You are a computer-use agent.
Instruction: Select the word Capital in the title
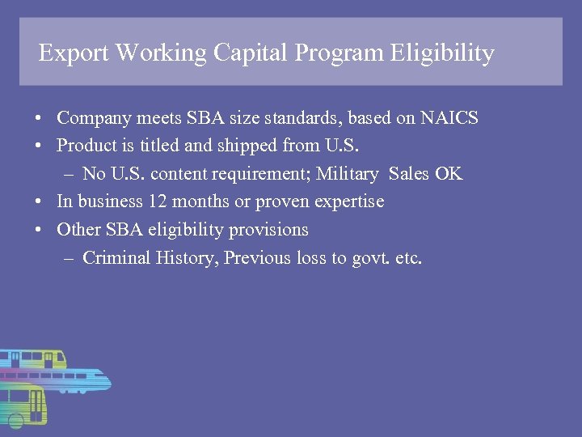(x=251, y=53)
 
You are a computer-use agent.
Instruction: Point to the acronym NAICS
(x=449, y=118)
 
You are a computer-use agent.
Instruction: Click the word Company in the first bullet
(x=91, y=118)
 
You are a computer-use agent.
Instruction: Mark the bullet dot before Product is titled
(x=39, y=146)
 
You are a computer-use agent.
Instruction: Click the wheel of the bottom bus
(x=15, y=420)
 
